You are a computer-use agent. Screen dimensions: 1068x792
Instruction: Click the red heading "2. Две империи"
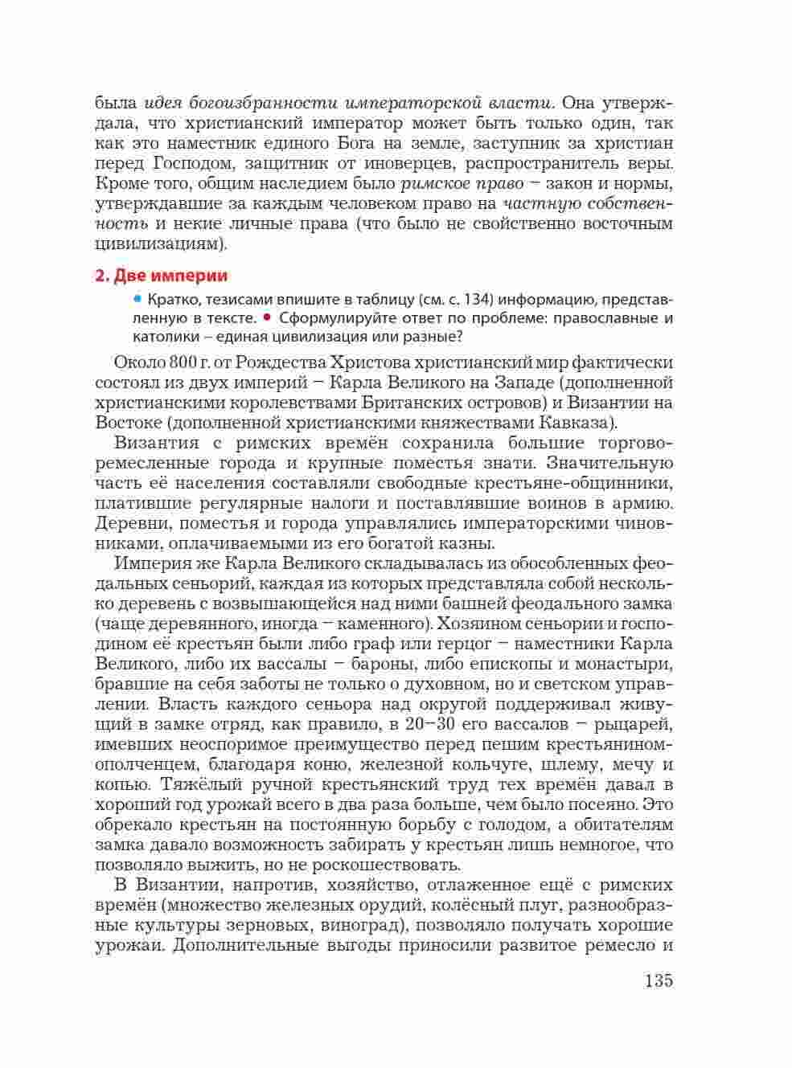[161, 276]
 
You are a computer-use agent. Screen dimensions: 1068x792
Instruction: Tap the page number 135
[658, 980]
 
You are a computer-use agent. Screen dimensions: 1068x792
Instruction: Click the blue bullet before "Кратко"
[137, 300]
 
